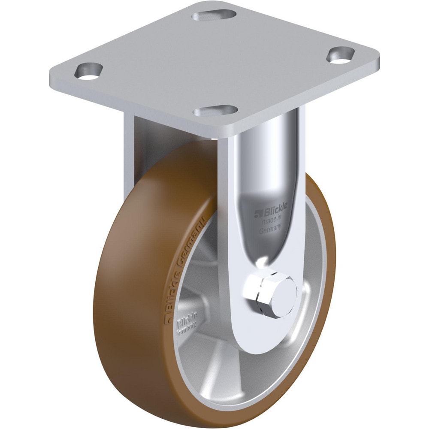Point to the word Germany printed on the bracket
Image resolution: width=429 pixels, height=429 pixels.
coord(270,230)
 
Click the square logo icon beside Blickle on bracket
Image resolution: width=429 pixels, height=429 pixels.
coord(257,212)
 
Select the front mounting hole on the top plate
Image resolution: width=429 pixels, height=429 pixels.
coord(215,111)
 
